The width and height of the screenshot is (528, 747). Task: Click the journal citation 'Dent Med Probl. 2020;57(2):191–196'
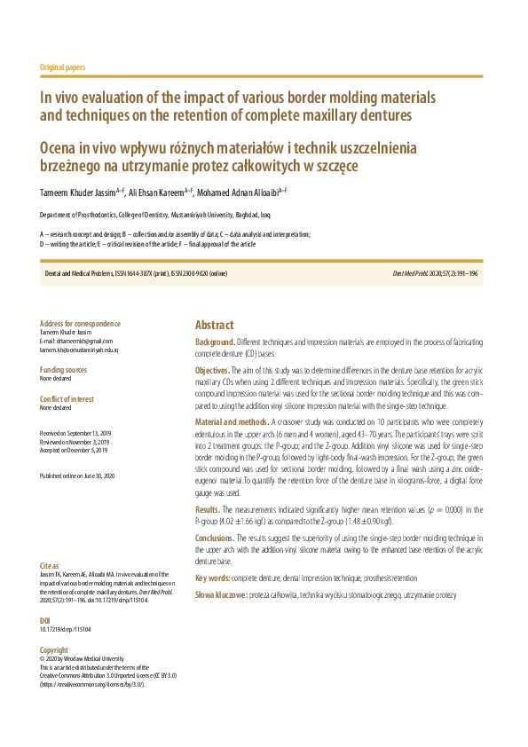click(435, 273)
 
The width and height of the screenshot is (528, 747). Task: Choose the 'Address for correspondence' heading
click(81, 324)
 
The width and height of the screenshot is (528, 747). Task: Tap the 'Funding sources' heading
click(64, 369)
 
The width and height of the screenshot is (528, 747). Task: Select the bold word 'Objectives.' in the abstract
click(213, 370)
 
